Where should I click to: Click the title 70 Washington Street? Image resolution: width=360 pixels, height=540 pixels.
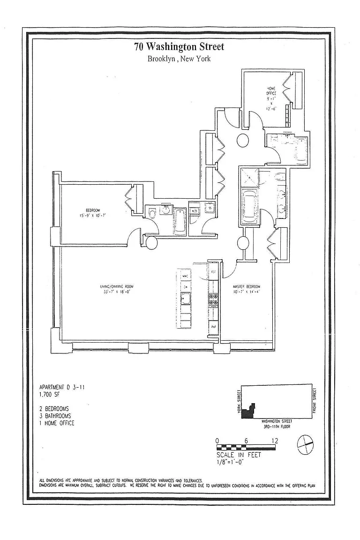point(180,47)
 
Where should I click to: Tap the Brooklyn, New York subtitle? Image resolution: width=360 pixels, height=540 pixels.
point(180,59)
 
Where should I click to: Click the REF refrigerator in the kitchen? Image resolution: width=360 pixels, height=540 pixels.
point(213,272)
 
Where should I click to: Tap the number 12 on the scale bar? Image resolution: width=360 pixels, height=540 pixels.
point(275,441)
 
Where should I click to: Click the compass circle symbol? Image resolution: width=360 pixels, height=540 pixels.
point(305,442)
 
